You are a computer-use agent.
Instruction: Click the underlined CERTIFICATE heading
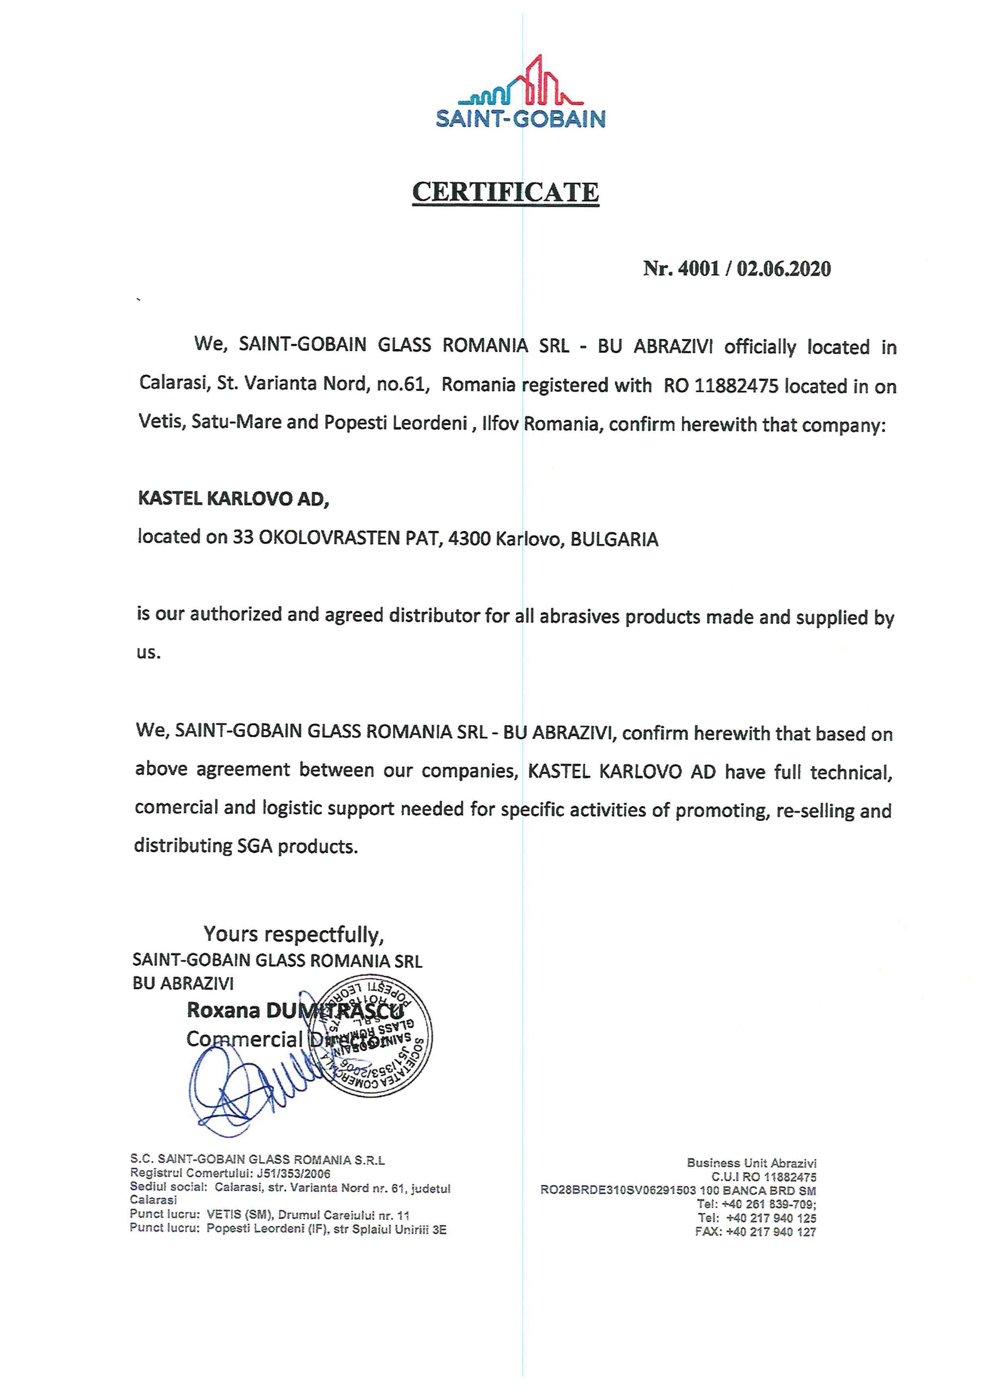[x=505, y=192]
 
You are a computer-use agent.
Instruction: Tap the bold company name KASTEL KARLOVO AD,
[x=233, y=498]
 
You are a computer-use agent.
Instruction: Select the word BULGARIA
[x=614, y=539]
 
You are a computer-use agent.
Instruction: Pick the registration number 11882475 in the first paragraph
[x=736, y=386]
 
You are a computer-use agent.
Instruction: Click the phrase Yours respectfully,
[x=294, y=933]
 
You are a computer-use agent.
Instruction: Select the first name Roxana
[x=223, y=1010]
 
